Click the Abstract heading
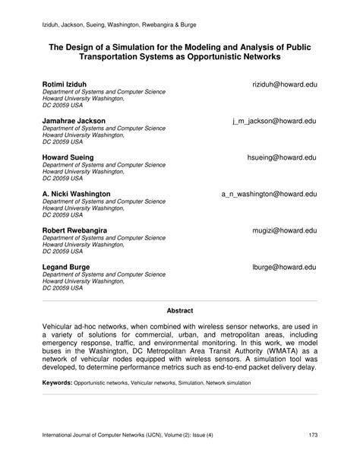(180, 310)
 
